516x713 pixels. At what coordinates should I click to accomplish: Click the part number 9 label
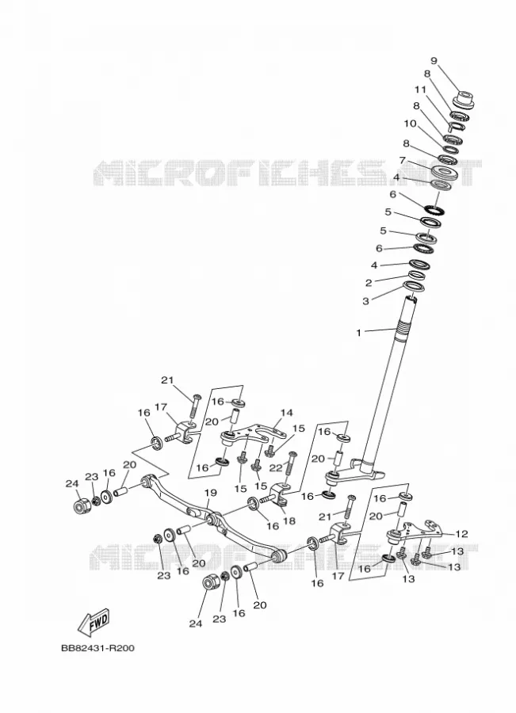point(434,60)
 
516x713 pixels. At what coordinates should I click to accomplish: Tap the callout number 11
point(420,90)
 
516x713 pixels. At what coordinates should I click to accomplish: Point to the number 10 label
point(410,124)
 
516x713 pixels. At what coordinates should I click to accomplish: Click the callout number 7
point(402,161)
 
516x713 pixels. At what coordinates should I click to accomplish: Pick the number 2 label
point(369,283)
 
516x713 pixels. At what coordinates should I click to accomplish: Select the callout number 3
point(366,301)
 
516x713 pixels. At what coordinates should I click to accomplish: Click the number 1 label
point(358,333)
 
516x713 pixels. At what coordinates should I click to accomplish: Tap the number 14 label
point(287,413)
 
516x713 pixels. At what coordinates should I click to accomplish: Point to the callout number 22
point(276,468)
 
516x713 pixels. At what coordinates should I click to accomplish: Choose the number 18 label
point(289,521)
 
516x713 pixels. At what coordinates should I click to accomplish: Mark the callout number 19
point(210,493)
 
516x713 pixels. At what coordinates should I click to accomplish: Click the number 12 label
point(461,533)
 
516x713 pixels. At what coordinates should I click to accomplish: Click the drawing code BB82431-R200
point(97,648)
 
